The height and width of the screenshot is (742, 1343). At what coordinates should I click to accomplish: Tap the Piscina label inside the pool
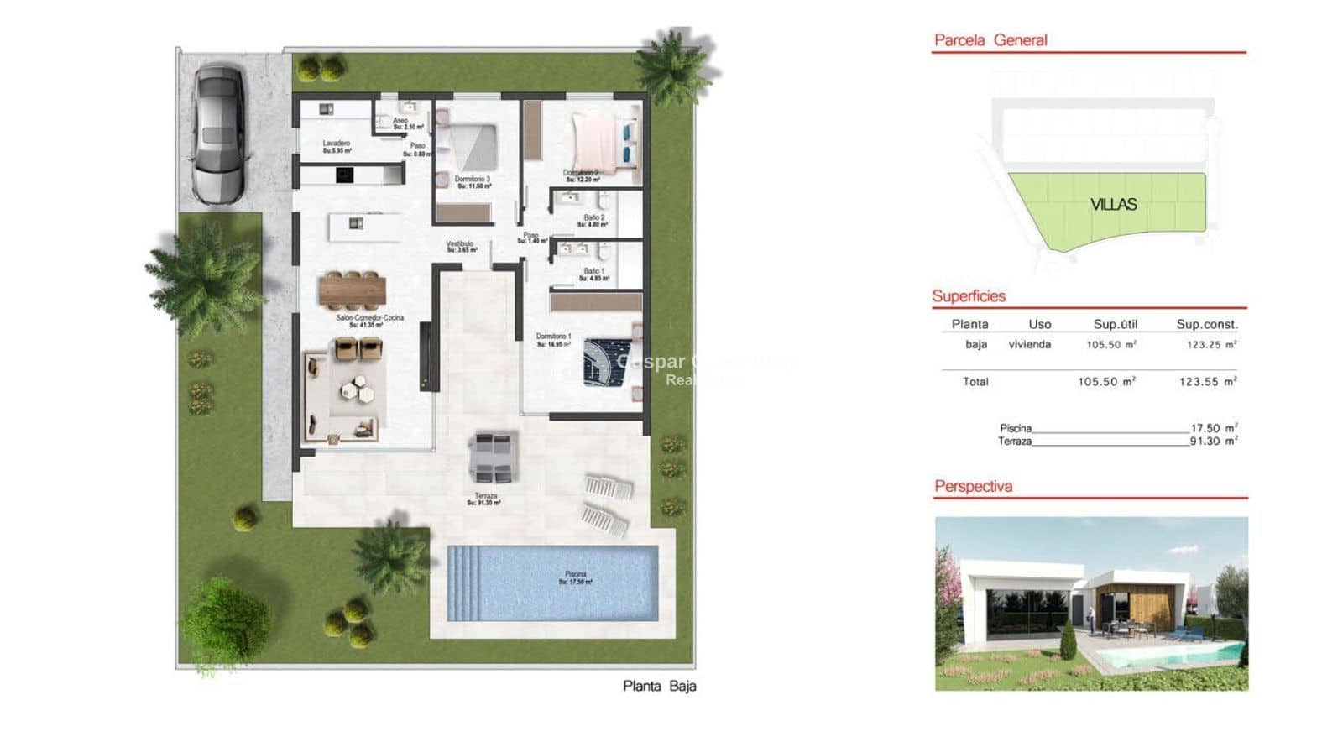coord(576,577)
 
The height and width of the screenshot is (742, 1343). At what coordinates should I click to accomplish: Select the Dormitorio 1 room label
coord(553,339)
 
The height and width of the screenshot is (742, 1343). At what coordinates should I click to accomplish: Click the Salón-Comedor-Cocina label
coord(369,321)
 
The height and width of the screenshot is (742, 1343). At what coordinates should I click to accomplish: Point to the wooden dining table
coord(353,291)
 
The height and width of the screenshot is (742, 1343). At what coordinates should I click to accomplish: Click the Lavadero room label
coord(337,146)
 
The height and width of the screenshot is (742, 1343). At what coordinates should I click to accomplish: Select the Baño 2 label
coord(594,221)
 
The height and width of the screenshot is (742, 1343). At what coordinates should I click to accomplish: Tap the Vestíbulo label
coord(460,246)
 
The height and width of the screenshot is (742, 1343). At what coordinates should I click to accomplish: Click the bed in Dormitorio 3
coord(470,147)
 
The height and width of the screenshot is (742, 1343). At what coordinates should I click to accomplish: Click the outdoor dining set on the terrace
coord(494,457)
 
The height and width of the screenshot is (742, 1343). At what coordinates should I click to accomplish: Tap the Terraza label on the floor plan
coord(485,499)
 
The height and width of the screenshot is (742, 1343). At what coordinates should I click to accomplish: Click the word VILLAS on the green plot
coord(1113,204)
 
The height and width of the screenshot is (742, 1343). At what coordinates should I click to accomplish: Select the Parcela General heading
coord(990,40)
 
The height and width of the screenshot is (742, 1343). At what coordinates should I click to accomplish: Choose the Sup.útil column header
coord(1115,324)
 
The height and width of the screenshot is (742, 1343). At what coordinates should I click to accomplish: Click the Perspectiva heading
coord(973,486)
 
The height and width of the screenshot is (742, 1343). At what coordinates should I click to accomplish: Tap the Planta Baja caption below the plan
coord(659,686)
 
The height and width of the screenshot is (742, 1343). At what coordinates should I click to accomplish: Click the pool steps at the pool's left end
coord(464,583)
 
